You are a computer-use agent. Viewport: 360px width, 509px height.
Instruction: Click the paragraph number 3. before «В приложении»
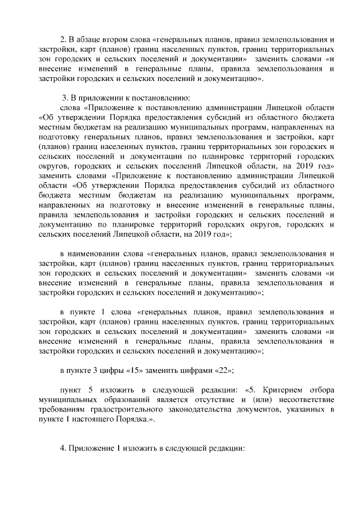pos(66,96)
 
